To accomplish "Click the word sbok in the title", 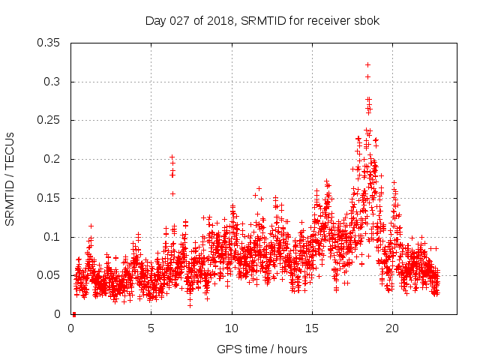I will (367, 20).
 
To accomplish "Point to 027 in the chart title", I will (178, 20).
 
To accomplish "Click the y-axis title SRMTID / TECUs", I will (10, 179).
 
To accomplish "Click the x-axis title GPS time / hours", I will (262, 349).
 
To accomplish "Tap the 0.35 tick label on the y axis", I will (49, 43).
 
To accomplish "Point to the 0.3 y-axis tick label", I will (53, 82).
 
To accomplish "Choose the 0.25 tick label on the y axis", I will (49, 121).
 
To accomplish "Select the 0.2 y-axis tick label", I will (53, 160).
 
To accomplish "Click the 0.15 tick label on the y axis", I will (49, 198).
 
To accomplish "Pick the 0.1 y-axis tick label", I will (53, 237).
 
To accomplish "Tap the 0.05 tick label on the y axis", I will (49, 276).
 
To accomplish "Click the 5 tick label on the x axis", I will (151, 328).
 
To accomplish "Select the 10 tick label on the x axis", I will (232, 328).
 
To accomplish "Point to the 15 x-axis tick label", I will (312, 328).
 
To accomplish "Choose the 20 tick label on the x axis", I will (392, 328).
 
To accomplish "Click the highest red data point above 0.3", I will (367, 64).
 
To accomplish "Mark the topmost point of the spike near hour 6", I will (172, 157).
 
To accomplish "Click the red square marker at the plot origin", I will (73, 314).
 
